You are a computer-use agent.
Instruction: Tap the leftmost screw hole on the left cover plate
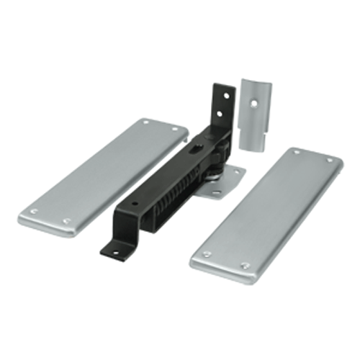click(x=32, y=211)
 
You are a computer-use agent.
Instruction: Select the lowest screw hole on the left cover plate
click(x=67, y=221)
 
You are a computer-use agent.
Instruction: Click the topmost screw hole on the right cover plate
click(x=294, y=152)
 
